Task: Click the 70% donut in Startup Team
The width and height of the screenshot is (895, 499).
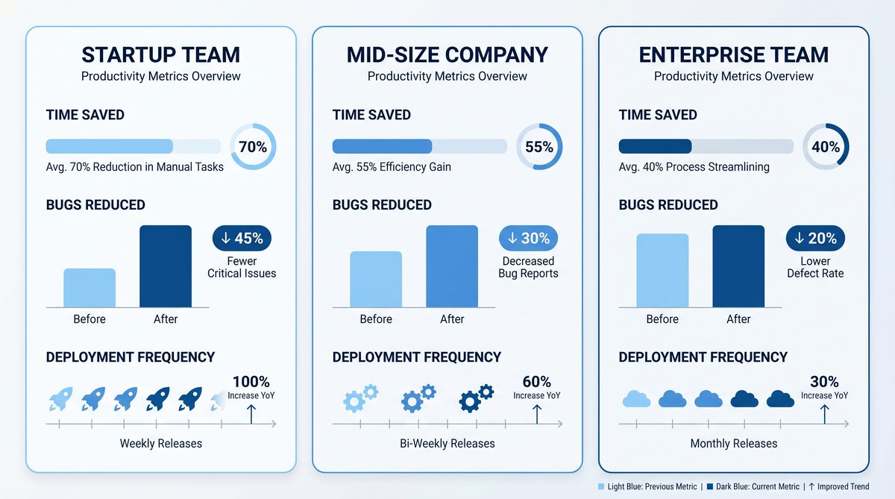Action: pyautogui.click(x=253, y=147)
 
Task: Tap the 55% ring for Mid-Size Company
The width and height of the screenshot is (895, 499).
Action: pyautogui.click(x=539, y=147)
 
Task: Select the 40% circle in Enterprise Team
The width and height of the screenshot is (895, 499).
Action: pyautogui.click(x=826, y=147)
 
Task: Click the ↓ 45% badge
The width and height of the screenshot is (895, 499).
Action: pyautogui.click(x=242, y=239)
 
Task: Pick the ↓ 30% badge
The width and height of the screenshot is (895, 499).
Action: pyautogui.click(x=528, y=239)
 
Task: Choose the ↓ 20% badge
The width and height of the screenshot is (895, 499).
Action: pyautogui.click(x=815, y=239)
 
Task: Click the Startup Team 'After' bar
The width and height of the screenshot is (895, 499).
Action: pyautogui.click(x=166, y=266)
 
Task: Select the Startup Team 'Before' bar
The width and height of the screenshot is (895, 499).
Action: pyautogui.click(x=89, y=287)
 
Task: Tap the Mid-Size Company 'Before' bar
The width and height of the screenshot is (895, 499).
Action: pyautogui.click(x=376, y=279)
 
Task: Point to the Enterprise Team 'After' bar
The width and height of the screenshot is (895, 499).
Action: pyautogui.click(x=738, y=266)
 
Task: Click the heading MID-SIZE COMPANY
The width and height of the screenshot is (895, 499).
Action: pyautogui.click(x=447, y=55)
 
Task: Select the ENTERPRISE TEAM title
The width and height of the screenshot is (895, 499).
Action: pyautogui.click(x=734, y=55)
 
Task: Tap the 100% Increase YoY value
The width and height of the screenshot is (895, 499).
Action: pyautogui.click(x=251, y=382)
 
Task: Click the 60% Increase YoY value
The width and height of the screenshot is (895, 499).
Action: pyautogui.click(x=536, y=382)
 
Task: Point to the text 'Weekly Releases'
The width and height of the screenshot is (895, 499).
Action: pyautogui.click(x=161, y=444)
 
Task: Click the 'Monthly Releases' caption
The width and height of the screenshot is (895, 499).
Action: pyautogui.click(x=734, y=444)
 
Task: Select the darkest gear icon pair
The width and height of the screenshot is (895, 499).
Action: pyautogui.click(x=477, y=398)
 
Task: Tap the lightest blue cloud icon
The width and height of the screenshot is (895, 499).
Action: pyautogui.click(x=636, y=399)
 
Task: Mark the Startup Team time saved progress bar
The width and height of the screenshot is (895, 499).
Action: pyautogui.click(x=134, y=146)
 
